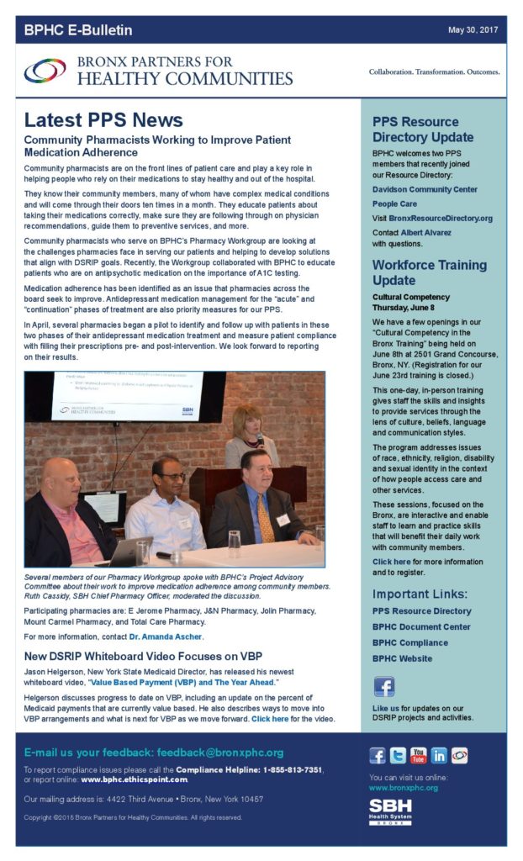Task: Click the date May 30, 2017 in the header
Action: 473,30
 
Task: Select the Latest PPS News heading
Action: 103,119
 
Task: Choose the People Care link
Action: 394,204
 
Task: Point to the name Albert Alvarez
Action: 427,232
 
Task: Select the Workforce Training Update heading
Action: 429,272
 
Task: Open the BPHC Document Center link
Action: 421,626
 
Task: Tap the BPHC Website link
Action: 403,658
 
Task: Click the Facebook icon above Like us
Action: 384,687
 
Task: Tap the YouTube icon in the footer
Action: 418,755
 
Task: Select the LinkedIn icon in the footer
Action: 439,755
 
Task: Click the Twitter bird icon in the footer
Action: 397,755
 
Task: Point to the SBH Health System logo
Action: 390,812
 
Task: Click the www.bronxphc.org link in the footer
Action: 403,788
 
